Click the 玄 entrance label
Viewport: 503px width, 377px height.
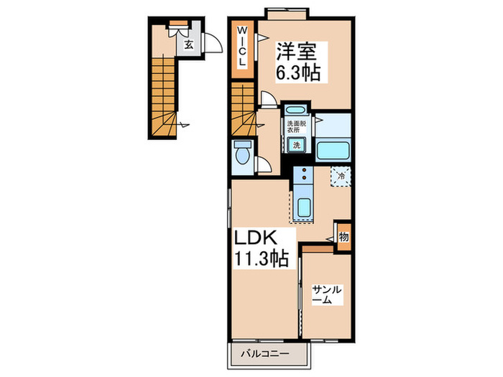pos(188,45)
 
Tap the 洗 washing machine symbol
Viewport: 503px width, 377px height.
pos(295,145)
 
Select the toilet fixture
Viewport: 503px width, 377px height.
pos(242,154)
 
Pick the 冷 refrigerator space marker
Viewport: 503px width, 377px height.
pos(341,174)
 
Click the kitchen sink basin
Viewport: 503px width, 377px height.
pos(303,206)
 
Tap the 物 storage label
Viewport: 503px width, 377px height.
pos(343,237)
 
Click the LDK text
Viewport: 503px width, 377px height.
pos(252,237)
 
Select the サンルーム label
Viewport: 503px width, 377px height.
pos(326,294)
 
